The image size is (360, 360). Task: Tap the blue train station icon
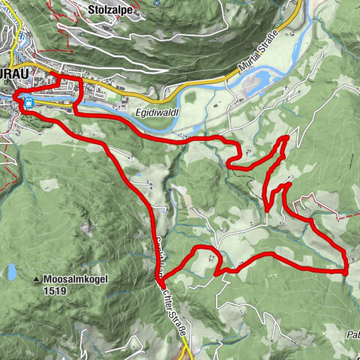pyautogui.click(x=28, y=103)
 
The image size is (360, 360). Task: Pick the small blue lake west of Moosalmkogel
pyautogui.click(x=11, y=271)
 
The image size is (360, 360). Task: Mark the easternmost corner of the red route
pyautogui.click(x=347, y=273)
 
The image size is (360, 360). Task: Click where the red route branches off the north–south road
pyautogui.click(x=160, y=278)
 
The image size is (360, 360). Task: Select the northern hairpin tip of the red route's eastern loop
pyautogui.click(x=286, y=139)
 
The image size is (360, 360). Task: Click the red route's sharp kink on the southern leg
pyautogui.click(x=218, y=271)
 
